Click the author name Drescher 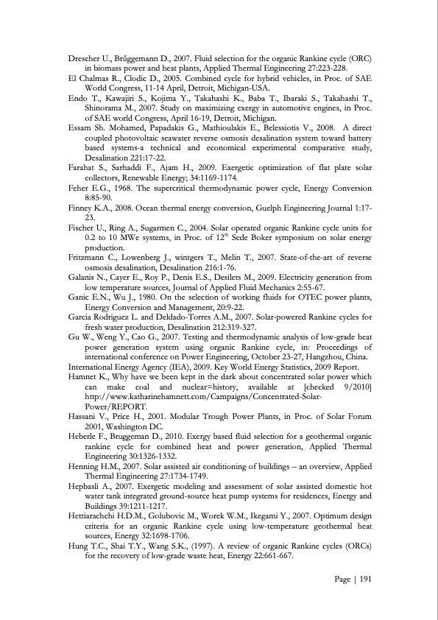83,57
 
